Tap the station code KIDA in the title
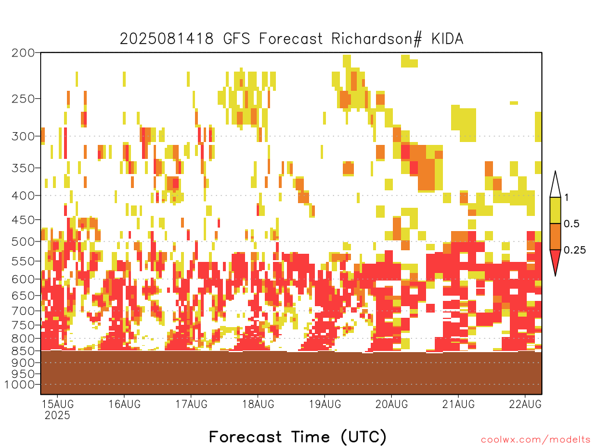click(448, 39)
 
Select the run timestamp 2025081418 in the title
click(166, 39)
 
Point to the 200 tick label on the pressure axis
click(23, 53)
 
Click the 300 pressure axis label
click(23, 136)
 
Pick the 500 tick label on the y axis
click(23, 242)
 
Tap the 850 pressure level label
click(23, 351)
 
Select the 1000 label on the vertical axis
click(20, 385)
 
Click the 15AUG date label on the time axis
click(58, 404)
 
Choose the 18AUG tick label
click(258, 404)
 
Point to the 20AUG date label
click(392, 404)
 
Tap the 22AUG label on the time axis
click(526, 404)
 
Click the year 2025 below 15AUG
click(58, 415)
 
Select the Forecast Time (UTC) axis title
click(297, 437)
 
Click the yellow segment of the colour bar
click(555, 210)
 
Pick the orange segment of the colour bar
click(555, 236)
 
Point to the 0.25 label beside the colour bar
click(574, 250)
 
